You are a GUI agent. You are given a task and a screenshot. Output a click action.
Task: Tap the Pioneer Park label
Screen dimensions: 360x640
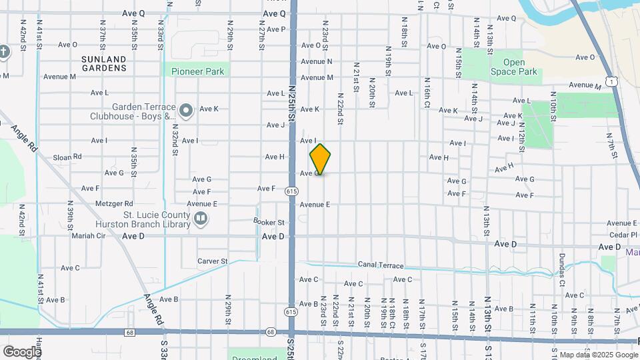(197, 71)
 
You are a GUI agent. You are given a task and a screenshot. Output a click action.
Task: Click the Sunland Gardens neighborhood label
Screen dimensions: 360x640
(103, 63)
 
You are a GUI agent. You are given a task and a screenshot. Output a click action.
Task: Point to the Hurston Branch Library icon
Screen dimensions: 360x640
(200, 218)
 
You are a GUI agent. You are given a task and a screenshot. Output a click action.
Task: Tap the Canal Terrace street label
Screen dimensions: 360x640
(381, 265)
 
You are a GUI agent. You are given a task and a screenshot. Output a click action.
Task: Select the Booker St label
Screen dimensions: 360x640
(269, 222)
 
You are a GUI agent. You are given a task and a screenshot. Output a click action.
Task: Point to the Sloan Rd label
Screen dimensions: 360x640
(67, 157)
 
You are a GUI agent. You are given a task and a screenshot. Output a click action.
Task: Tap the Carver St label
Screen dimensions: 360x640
(213, 261)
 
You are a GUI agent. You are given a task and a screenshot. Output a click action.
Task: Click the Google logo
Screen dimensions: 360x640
(21, 351)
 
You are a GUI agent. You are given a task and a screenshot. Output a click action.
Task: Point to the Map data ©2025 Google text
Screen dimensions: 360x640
(597, 355)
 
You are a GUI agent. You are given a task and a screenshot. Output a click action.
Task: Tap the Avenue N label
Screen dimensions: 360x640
(316, 61)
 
